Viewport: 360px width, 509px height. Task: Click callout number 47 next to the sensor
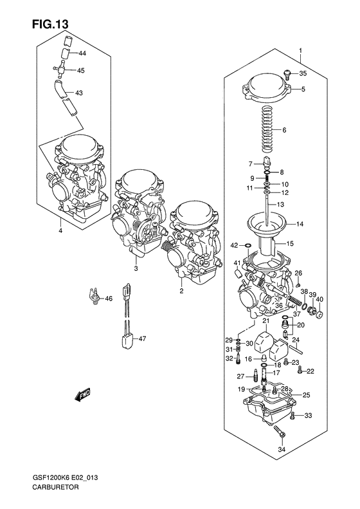tap(143, 338)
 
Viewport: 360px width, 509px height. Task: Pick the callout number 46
tap(109, 298)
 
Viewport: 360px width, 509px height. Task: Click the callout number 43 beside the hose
tap(79, 93)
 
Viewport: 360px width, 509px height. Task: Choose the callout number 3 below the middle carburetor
tap(136, 268)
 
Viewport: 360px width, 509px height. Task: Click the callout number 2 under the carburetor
tap(182, 291)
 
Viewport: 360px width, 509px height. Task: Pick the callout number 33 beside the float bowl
tap(308, 416)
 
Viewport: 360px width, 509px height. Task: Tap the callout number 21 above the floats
tap(265, 320)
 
